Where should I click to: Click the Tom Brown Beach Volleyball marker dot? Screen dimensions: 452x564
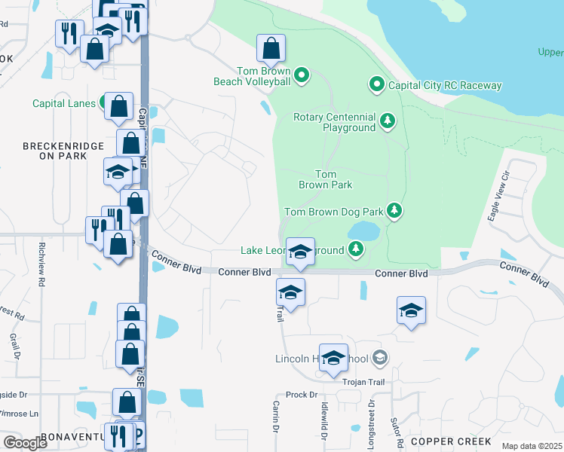(x=301, y=74)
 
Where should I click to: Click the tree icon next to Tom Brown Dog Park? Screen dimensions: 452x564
(x=394, y=210)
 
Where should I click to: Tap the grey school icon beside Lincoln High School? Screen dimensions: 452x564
(x=379, y=357)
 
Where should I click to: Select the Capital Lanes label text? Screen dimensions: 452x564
(x=64, y=103)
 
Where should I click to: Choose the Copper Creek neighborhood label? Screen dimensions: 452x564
(x=449, y=441)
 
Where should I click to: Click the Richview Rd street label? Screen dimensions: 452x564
(x=41, y=261)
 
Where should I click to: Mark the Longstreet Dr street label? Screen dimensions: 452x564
(x=371, y=426)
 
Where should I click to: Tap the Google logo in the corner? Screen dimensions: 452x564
(x=25, y=442)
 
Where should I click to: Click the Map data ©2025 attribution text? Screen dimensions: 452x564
(x=531, y=446)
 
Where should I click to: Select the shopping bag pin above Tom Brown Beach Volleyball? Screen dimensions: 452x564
(x=271, y=49)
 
